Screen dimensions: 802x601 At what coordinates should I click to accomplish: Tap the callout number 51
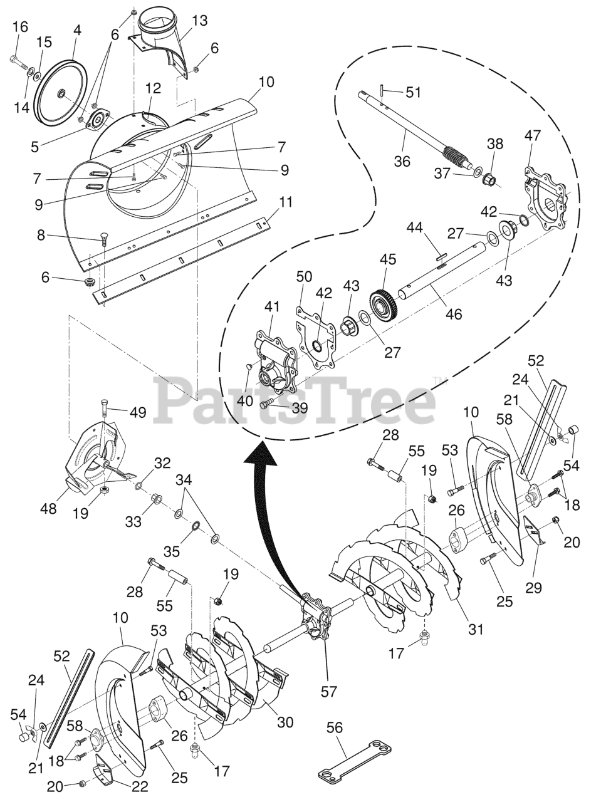pyautogui.click(x=414, y=92)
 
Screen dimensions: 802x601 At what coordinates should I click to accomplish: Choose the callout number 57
pyautogui.click(x=328, y=692)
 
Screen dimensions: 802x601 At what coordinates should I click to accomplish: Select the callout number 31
pyautogui.click(x=476, y=628)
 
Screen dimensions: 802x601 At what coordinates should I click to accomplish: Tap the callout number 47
pyautogui.click(x=533, y=135)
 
